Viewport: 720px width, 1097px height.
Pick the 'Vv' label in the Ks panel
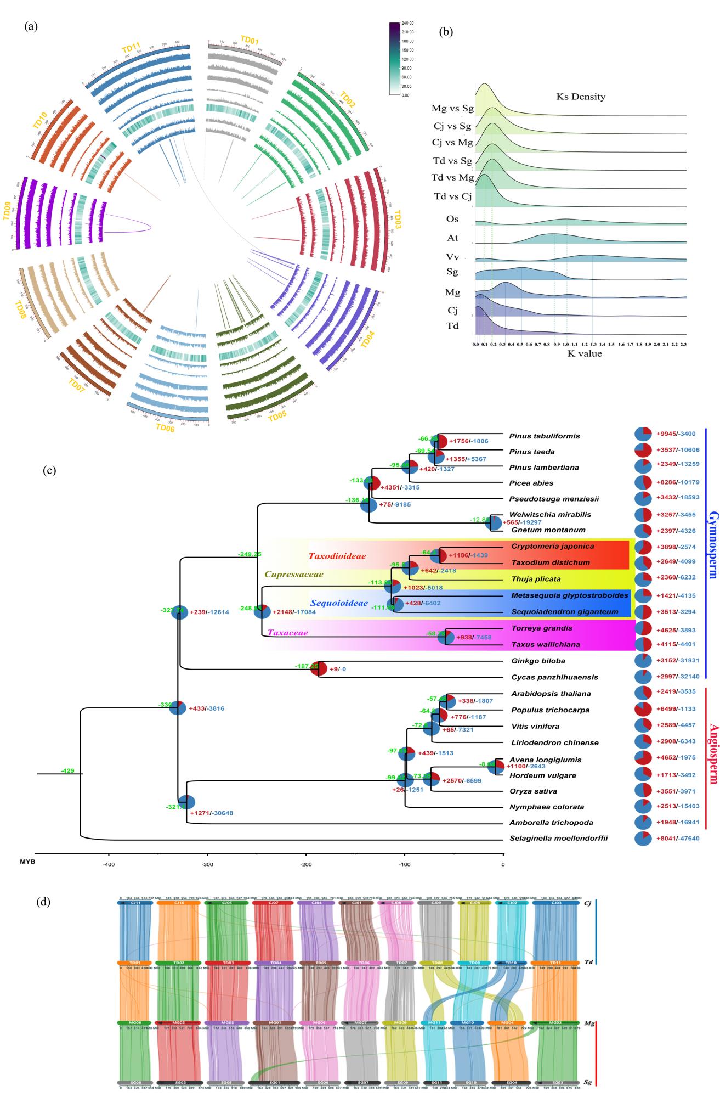[x=451, y=256]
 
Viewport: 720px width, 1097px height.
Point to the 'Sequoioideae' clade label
[x=338, y=603]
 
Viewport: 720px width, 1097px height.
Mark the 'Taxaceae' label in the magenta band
[x=287, y=633]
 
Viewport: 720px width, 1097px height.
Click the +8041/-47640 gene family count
[x=678, y=854]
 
